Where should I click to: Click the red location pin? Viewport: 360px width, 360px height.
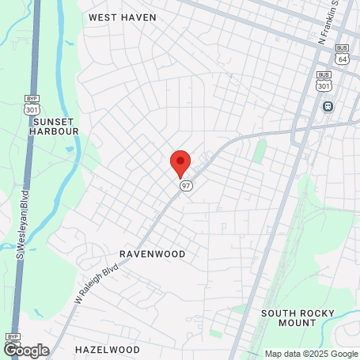pos(180,162)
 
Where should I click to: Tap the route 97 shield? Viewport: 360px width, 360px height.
pos(186,185)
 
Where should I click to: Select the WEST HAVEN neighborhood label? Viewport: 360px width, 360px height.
pos(122,17)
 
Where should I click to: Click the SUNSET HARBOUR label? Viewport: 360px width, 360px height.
pos(55,127)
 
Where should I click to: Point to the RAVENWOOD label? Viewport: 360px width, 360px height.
pos(152,254)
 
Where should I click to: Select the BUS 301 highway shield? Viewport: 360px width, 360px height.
pos(324,79)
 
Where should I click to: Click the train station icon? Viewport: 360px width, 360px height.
pos(327,107)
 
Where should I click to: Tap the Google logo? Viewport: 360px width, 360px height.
pos(25,350)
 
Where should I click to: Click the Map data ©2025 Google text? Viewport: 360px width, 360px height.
pos(310,354)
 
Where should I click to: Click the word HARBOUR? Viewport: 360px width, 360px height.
pos(55,131)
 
